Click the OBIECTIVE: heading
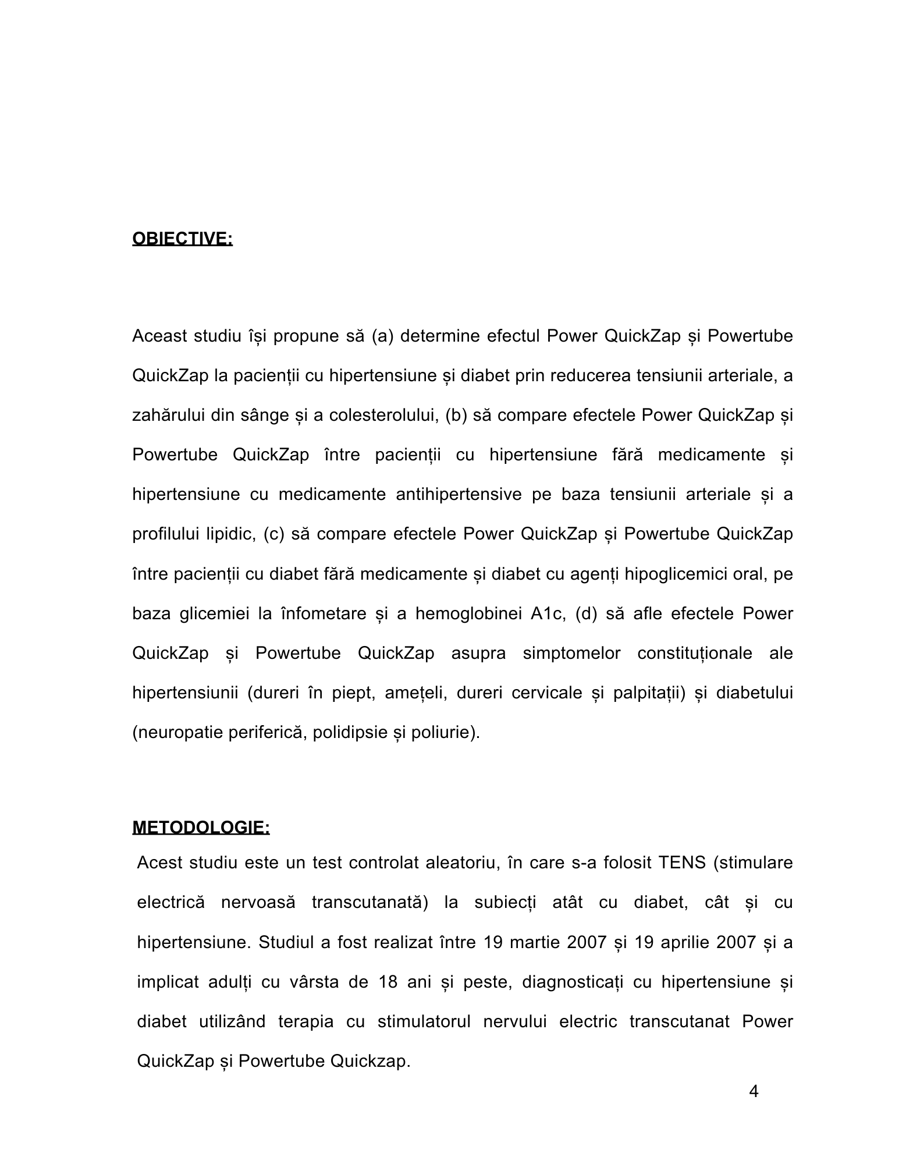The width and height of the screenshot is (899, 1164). [182, 239]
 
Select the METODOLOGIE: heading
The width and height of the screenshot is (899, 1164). [201, 828]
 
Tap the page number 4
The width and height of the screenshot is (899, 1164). [754, 1092]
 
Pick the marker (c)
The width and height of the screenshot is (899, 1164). [273, 534]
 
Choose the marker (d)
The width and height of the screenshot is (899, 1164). [586, 613]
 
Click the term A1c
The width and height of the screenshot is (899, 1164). [548, 613]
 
